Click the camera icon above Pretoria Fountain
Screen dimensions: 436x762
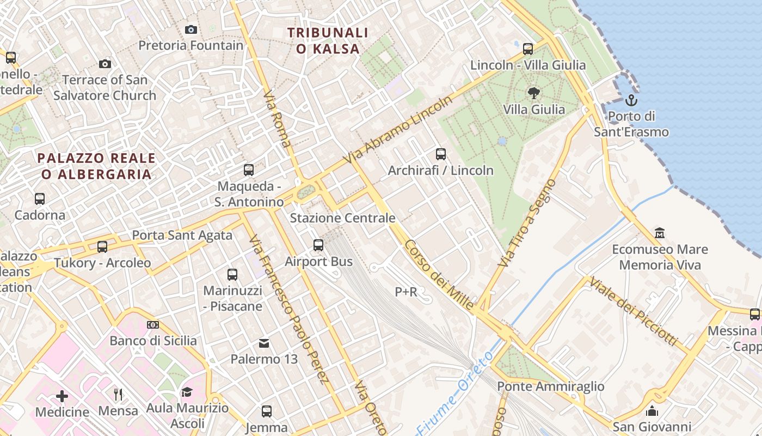point(190,29)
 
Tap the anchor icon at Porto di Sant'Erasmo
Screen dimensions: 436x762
point(631,100)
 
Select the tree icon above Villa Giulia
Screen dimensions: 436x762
point(534,93)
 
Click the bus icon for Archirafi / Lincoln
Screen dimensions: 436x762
point(441,154)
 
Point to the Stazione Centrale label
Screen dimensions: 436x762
point(342,218)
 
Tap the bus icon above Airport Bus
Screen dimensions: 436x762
point(318,245)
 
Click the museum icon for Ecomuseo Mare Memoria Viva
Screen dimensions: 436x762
point(660,233)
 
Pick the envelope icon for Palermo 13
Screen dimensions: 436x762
point(264,343)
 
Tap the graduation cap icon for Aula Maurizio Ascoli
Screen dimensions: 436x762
point(187,392)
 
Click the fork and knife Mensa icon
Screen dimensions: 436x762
point(118,394)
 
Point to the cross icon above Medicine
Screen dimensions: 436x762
point(62,396)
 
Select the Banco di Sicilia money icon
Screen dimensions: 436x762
point(153,325)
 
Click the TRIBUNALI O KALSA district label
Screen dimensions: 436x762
point(328,41)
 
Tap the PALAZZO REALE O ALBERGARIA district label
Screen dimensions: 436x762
point(96,166)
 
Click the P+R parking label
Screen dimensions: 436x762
point(406,292)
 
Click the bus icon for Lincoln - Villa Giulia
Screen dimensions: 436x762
point(527,49)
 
